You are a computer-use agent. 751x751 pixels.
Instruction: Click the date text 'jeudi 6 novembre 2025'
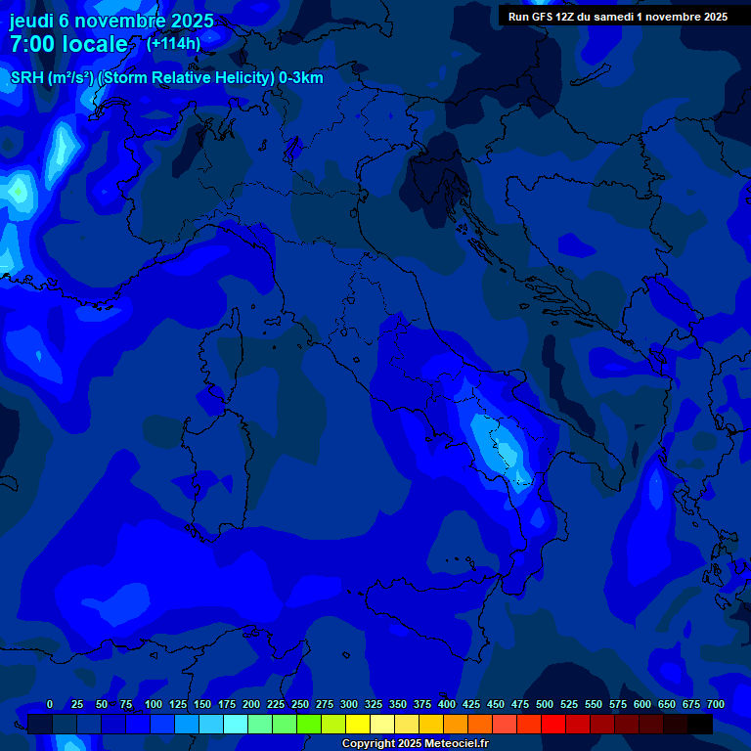(x=111, y=22)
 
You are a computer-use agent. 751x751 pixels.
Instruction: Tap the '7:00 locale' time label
(x=68, y=44)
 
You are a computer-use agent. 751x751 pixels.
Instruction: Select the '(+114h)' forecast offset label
(x=173, y=44)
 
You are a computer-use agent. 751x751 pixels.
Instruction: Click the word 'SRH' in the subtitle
(x=27, y=78)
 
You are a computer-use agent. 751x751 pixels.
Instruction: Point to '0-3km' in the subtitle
(x=300, y=78)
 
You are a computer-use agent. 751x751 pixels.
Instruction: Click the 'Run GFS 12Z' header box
(x=617, y=17)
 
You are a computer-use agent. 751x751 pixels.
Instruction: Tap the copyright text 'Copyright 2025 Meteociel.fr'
(x=415, y=744)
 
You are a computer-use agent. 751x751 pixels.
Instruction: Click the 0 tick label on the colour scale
(x=50, y=704)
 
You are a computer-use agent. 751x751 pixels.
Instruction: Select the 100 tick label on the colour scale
(x=154, y=704)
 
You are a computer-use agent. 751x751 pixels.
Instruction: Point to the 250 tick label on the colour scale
(x=300, y=704)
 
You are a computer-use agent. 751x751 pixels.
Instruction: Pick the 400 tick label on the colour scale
(x=447, y=704)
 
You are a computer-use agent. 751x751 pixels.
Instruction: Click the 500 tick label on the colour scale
(x=545, y=704)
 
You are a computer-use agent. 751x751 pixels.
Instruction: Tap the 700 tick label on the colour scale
(x=716, y=704)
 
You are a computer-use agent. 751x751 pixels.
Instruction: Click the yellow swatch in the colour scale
(x=358, y=725)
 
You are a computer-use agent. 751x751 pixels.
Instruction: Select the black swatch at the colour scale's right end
(x=700, y=725)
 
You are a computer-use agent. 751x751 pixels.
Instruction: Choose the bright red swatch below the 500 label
(x=553, y=725)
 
